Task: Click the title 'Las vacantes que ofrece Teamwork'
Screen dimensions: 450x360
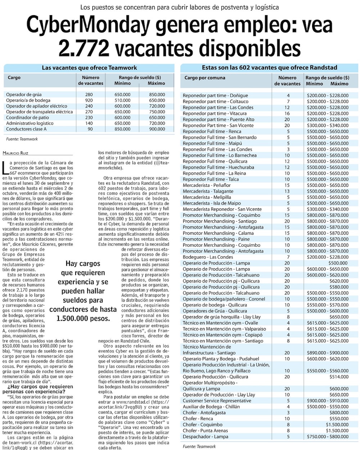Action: point(89,68)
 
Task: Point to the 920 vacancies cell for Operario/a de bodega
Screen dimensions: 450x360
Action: point(89,100)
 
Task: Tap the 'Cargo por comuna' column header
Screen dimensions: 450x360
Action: point(205,78)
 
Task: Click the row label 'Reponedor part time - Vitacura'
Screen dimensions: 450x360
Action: point(215,113)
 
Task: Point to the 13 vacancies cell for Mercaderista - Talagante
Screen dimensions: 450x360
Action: point(288,191)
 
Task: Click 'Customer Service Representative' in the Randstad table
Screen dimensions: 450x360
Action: point(217,401)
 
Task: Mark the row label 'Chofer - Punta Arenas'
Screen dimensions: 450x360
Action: point(205,431)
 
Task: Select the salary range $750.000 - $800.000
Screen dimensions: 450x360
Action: point(328,437)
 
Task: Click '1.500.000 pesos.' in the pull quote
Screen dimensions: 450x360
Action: point(83,318)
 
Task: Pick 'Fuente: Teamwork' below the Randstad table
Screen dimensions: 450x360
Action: point(199,446)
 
